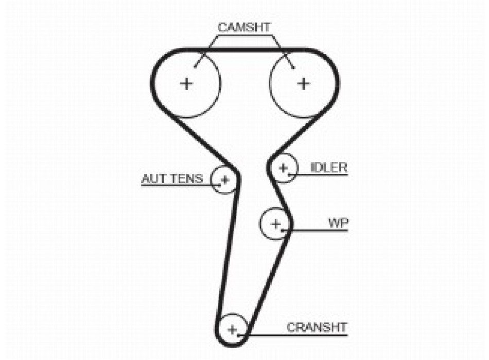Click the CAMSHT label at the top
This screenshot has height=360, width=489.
click(x=243, y=28)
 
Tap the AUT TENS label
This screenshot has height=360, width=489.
click(x=172, y=179)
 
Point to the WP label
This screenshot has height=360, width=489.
click(x=338, y=223)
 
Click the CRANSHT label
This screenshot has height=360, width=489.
click(x=317, y=327)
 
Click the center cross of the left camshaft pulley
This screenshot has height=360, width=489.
click(x=186, y=83)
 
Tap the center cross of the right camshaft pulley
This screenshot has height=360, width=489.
click(x=304, y=83)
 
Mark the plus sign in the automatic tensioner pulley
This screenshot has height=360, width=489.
click(x=224, y=179)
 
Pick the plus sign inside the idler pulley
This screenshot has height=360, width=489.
click(x=283, y=168)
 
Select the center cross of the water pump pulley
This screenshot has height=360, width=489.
click(x=276, y=224)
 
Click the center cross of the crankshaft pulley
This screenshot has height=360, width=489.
click(x=233, y=329)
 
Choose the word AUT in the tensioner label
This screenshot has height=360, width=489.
click(x=152, y=179)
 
